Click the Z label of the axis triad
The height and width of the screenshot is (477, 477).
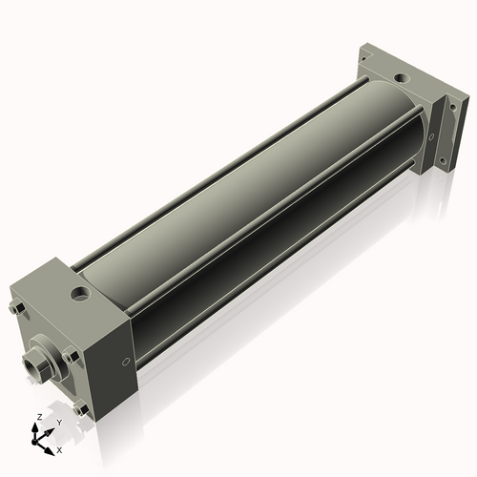(39, 417)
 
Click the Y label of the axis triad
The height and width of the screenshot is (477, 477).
(59, 423)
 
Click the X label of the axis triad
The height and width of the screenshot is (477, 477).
(59, 450)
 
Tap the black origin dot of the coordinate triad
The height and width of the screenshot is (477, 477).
(34, 442)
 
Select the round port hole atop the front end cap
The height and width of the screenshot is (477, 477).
(79, 293)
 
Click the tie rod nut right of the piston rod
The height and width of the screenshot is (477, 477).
(71, 356)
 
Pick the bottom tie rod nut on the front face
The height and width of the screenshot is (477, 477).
(81, 408)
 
